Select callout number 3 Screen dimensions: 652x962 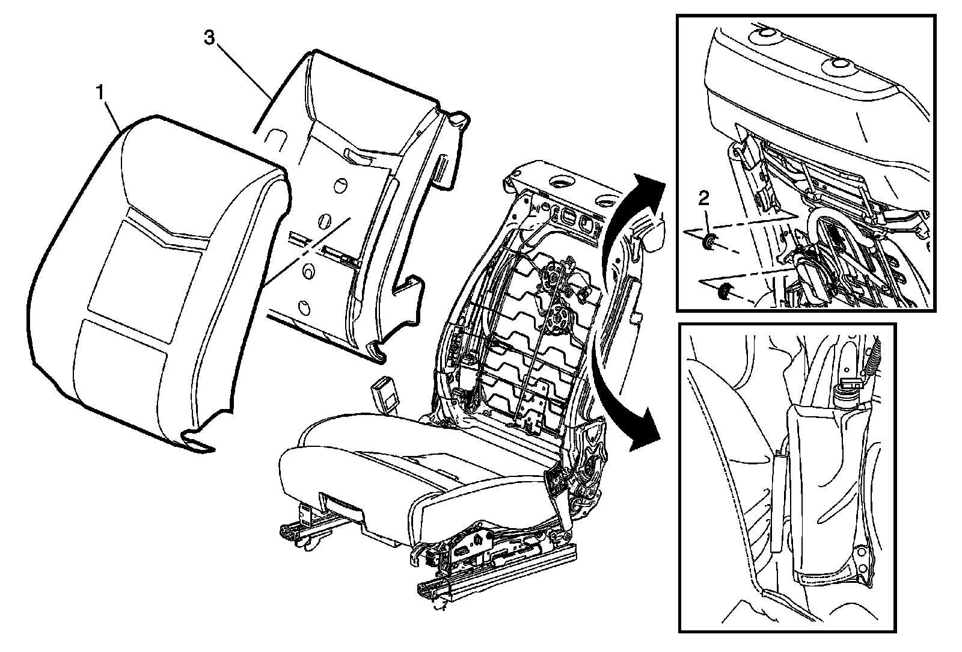(209, 38)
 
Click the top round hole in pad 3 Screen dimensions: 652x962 (340, 182)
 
